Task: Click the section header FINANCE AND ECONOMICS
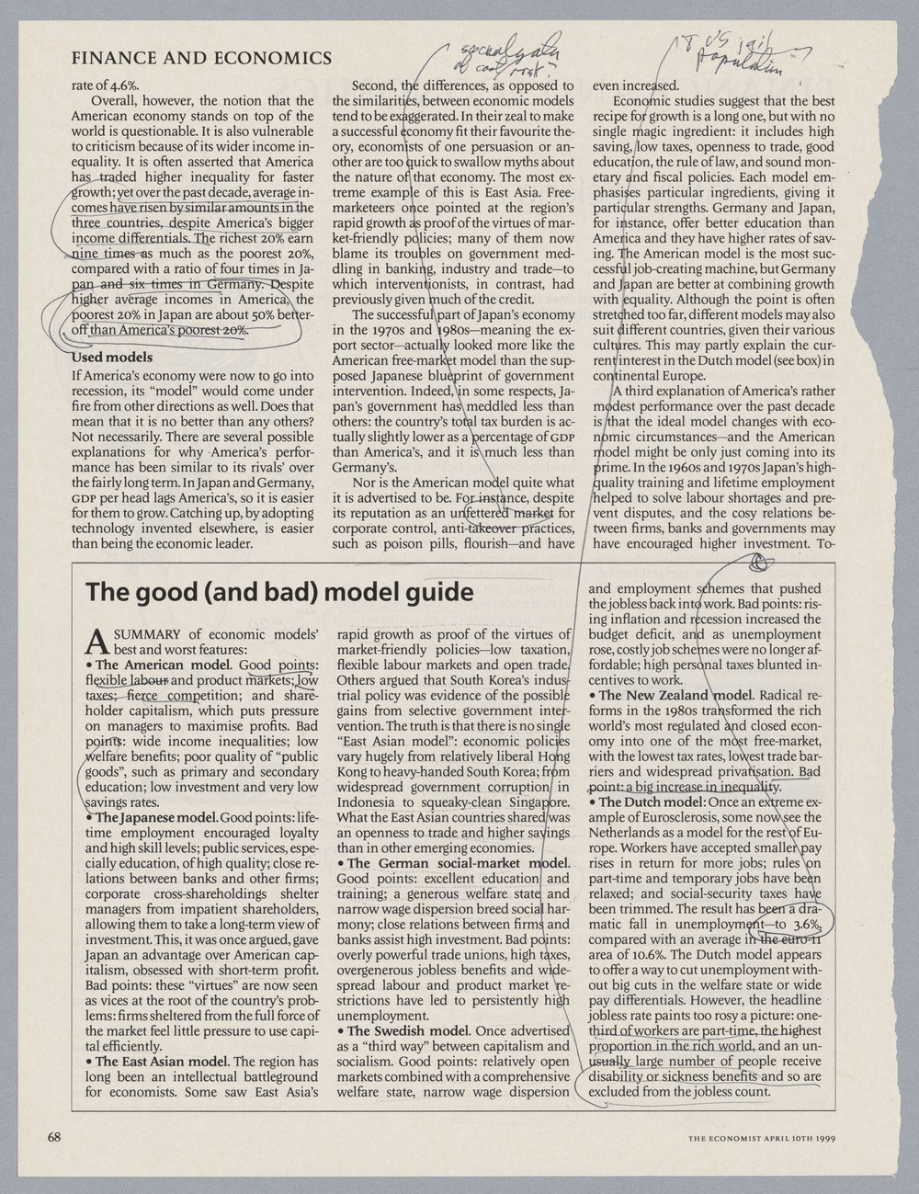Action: pos(201,59)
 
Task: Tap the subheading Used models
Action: pos(112,357)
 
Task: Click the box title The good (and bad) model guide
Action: pos(279,592)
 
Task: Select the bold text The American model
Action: pos(163,665)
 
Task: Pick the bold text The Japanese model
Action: pos(156,817)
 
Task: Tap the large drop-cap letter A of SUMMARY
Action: pos(96,642)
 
